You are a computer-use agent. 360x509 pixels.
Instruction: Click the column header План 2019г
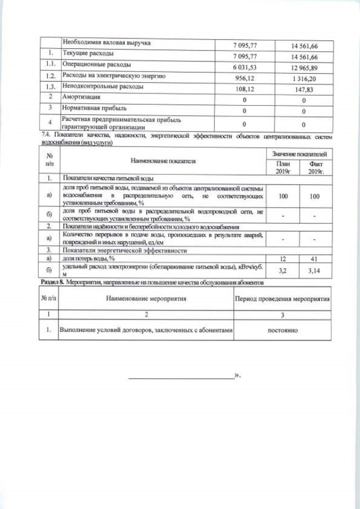pos(283,167)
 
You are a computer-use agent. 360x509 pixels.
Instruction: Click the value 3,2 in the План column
pos(283,271)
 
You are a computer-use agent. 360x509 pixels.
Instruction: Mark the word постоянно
pos(282,330)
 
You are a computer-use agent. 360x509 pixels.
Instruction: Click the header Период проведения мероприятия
pos(282,298)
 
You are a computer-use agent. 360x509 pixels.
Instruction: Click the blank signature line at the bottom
pos(180,377)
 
